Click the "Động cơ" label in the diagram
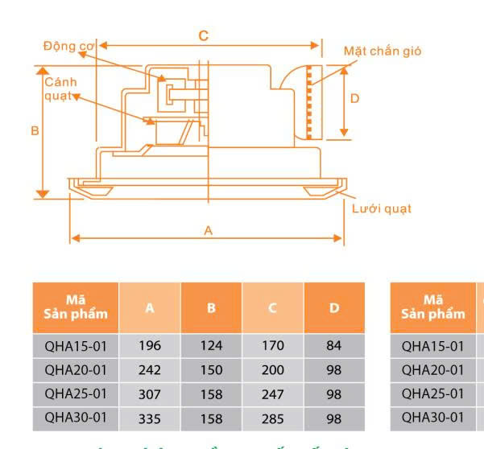tap(69, 45)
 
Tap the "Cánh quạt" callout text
tap(59, 89)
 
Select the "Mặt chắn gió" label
tap(382, 51)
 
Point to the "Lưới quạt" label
tap(381, 208)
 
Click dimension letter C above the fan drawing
tap(204, 35)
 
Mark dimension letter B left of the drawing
tap(35, 130)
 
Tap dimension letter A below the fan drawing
tap(208, 230)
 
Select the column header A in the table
tap(150, 307)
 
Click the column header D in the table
tap(334, 307)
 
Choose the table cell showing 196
tap(150, 346)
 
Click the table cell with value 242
tap(150, 370)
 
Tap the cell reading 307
tap(150, 394)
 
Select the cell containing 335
tap(150, 418)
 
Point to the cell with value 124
tap(212, 346)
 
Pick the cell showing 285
tap(274, 418)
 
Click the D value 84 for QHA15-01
tap(334, 346)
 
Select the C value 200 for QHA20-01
tap(274, 370)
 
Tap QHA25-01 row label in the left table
tap(76, 394)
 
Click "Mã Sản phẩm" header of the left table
tap(76, 307)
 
